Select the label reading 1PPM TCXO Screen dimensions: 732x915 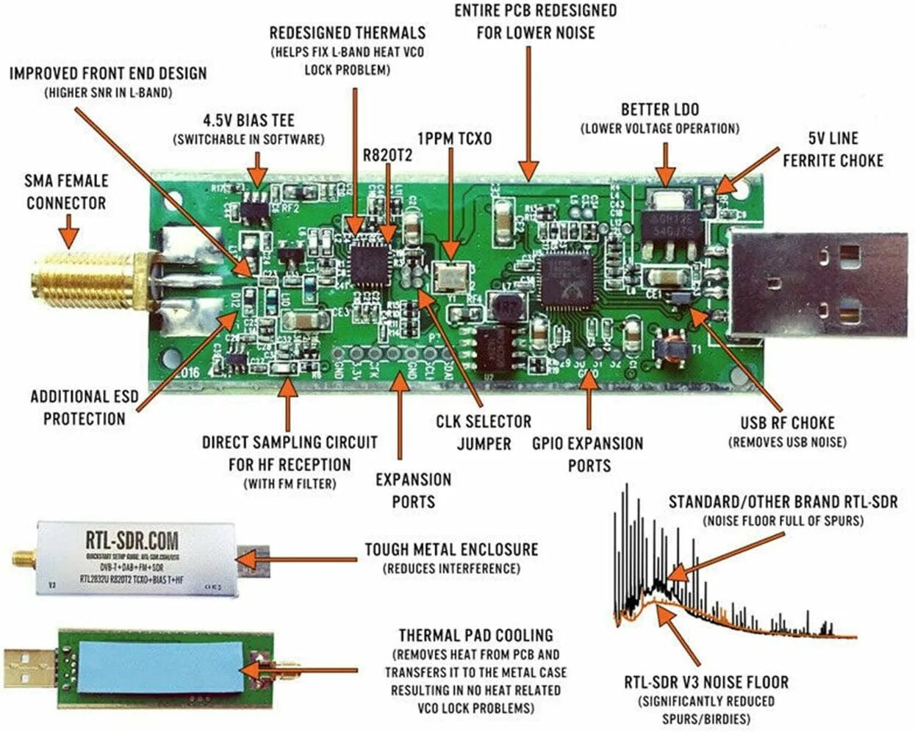tap(454, 138)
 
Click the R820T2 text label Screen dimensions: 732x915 tap(387, 155)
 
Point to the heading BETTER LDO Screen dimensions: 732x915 tap(660, 110)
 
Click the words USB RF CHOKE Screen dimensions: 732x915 tap(787, 423)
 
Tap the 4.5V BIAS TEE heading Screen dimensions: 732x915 tap(248, 120)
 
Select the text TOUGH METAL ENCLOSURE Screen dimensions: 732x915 tap(451, 549)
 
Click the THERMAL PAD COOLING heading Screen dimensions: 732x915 tap(476, 635)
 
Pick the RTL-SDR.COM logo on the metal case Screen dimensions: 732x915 tap(132, 540)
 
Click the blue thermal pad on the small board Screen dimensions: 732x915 tap(162, 665)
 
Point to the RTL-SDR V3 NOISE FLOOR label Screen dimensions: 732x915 tap(706, 682)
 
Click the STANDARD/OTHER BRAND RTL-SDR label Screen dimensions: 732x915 tap(783, 502)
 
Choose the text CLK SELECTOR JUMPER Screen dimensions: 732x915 tap(484, 432)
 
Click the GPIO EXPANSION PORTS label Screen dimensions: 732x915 tap(588, 454)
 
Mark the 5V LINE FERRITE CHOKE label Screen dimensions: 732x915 tap(833, 149)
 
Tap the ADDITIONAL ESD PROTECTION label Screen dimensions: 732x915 tap(84, 407)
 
